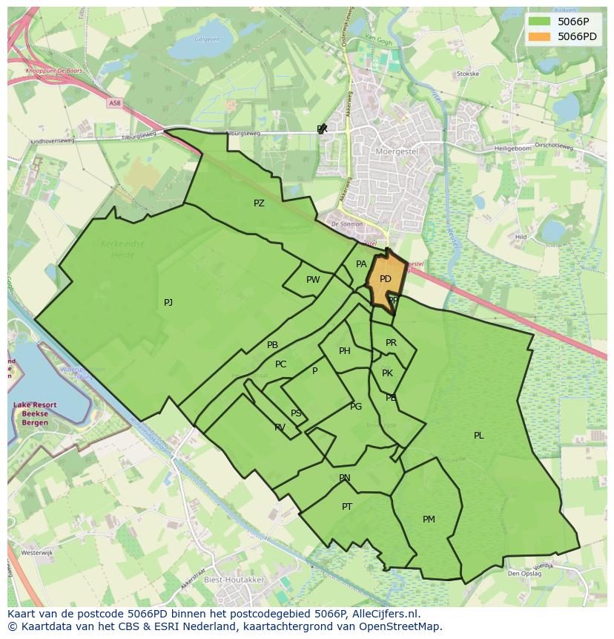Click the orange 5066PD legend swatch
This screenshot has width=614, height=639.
(x=539, y=36)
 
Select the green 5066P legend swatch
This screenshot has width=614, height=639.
(x=539, y=22)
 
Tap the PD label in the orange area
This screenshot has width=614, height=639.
(x=385, y=279)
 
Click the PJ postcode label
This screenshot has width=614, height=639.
(x=168, y=302)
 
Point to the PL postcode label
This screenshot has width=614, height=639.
(x=478, y=436)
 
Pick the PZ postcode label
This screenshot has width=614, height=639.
(x=259, y=203)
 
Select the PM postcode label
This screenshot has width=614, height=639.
(x=429, y=520)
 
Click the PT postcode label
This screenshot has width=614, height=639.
(x=347, y=507)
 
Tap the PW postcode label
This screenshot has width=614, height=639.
(x=313, y=280)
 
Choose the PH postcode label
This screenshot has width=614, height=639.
(x=345, y=351)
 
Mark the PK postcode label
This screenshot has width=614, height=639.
(x=387, y=373)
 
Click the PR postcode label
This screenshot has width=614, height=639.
(x=391, y=343)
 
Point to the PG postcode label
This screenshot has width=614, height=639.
(x=356, y=406)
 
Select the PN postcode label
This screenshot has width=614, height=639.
(x=345, y=478)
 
